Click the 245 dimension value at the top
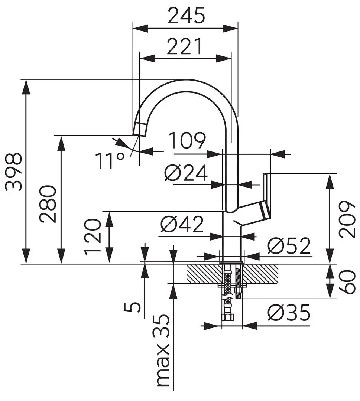(x=186, y=16)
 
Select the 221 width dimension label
(x=184, y=47)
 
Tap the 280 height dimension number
(x=48, y=204)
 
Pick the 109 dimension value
(x=187, y=141)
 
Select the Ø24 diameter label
(x=186, y=173)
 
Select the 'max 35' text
(x=162, y=351)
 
